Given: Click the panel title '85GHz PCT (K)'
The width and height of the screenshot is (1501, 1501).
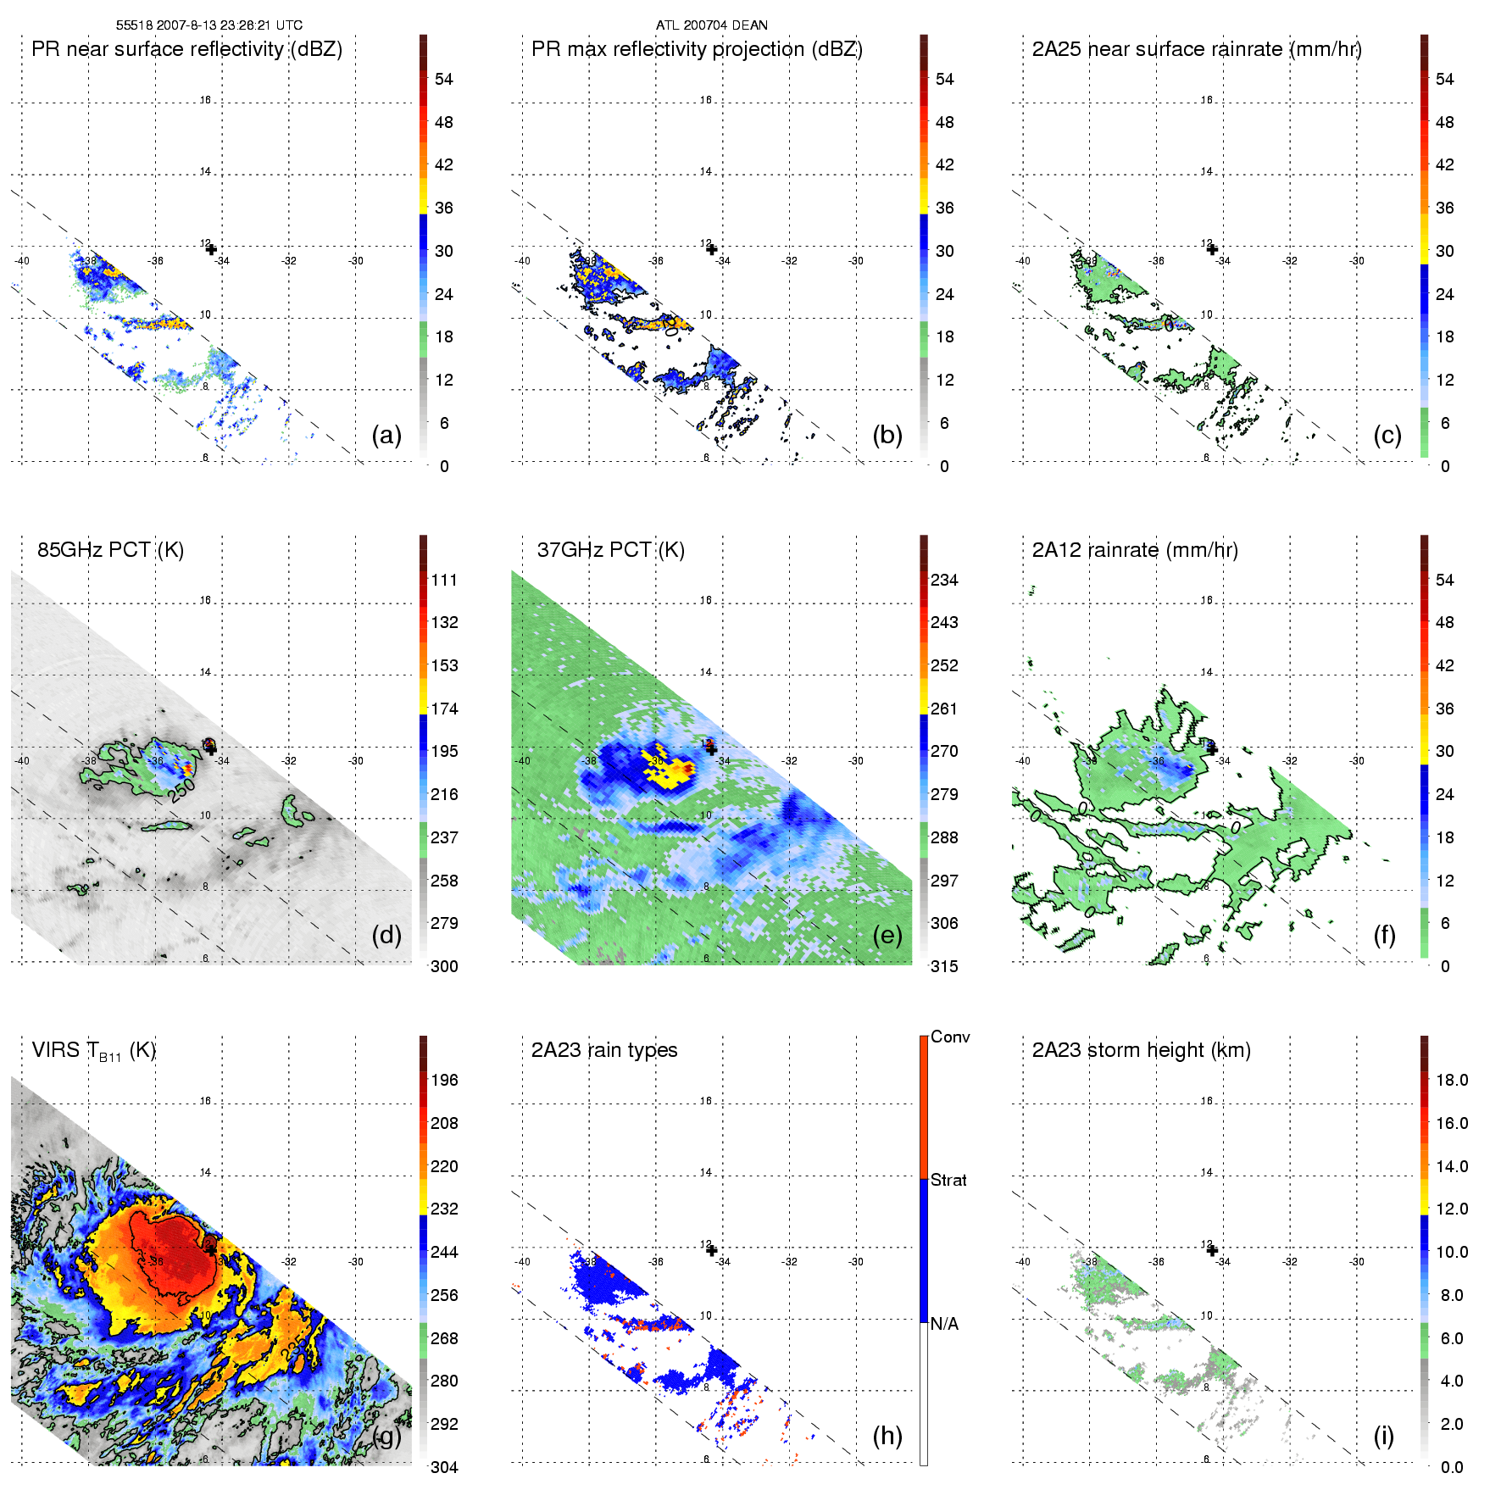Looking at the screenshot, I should (110, 550).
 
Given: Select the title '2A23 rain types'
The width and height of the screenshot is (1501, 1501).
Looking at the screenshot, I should (604, 1050).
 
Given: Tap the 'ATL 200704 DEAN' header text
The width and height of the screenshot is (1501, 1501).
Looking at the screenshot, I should (711, 25).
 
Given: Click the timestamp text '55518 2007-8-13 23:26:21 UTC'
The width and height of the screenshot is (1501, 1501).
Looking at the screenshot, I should (208, 25).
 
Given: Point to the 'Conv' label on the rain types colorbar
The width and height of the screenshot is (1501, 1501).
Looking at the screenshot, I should (949, 1037).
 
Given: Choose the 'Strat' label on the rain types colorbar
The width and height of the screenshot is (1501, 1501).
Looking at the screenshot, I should (948, 1180).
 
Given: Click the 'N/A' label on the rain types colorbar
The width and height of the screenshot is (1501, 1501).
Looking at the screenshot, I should (944, 1324).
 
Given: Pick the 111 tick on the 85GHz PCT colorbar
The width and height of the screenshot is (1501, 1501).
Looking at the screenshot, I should (444, 580).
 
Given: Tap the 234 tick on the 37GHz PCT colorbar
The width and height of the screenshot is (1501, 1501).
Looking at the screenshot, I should (944, 580).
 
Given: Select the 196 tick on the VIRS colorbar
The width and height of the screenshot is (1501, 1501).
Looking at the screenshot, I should (444, 1080).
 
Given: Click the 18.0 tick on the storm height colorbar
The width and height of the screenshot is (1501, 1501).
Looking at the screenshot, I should (1451, 1080).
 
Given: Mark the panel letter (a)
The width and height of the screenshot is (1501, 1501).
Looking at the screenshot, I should (386, 435).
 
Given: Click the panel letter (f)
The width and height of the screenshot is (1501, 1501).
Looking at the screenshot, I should (1384, 935).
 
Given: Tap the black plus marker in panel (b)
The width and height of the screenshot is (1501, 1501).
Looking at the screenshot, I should (712, 249).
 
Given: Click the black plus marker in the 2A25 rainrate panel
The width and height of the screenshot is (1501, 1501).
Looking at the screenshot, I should (1212, 249).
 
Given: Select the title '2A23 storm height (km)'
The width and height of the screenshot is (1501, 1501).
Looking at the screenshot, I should (1141, 1050).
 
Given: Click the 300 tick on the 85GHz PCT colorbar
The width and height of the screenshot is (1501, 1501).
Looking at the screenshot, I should (444, 966).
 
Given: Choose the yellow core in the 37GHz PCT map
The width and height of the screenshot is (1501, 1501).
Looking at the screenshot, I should (665, 768).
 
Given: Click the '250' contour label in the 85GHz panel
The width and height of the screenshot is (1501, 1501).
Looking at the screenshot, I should (181, 791).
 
